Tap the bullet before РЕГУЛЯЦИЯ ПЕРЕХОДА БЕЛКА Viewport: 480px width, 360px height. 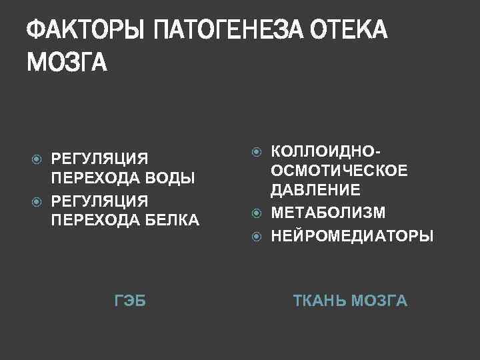click(x=38, y=200)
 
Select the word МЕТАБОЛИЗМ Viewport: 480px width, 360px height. click(x=328, y=213)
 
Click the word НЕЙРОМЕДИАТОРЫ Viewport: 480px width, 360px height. click(x=352, y=235)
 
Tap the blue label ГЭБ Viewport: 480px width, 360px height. click(x=130, y=301)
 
